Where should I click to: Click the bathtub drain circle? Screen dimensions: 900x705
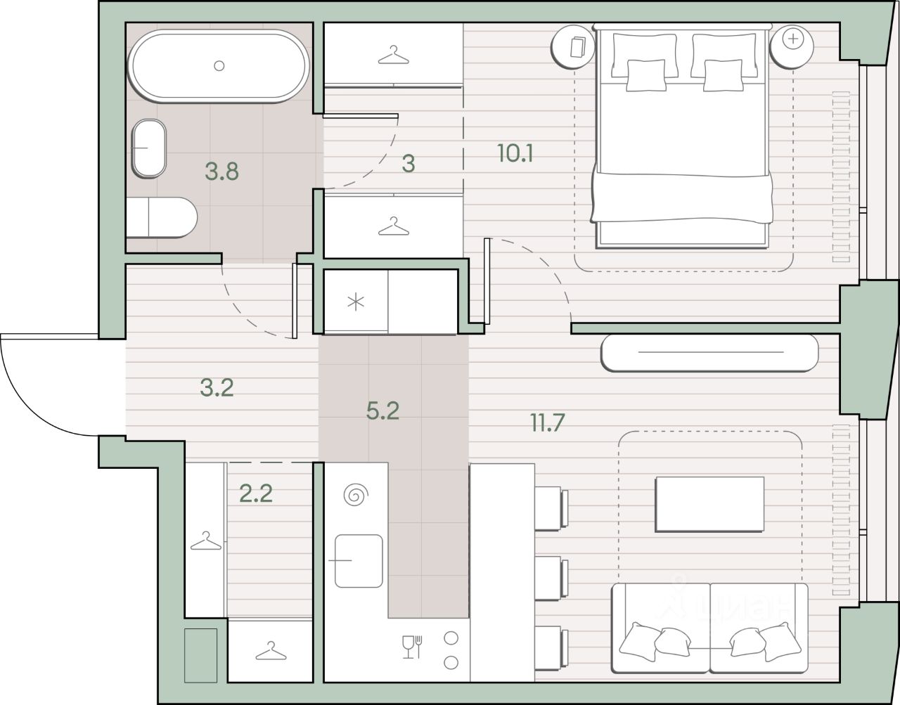[219, 65]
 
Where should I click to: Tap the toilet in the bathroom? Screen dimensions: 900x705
[162, 217]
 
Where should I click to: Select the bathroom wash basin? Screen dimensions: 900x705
[148, 148]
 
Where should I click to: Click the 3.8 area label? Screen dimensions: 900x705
[222, 172]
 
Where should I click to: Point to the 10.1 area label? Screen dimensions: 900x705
[515, 153]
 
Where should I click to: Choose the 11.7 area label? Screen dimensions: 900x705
[548, 422]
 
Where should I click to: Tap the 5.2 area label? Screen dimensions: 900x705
[382, 411]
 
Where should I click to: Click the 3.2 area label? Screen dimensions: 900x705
[217, 388]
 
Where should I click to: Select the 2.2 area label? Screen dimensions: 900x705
[256, 493]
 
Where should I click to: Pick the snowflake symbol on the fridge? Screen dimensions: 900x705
[356, 302]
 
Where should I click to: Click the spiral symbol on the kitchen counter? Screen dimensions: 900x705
[356, 495]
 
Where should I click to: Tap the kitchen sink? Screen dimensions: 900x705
[359, 560]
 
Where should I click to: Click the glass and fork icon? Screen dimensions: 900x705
[413, 647]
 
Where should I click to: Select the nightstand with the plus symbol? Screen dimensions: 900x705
[792, 46]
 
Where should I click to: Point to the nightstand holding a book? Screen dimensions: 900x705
[573, 46]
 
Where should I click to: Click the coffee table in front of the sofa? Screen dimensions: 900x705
[709, 504]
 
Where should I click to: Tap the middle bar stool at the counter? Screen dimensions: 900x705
[551, 578]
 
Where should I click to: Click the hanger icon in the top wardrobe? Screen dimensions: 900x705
[394, 55]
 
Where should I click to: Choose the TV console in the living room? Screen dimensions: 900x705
[709, 353]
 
